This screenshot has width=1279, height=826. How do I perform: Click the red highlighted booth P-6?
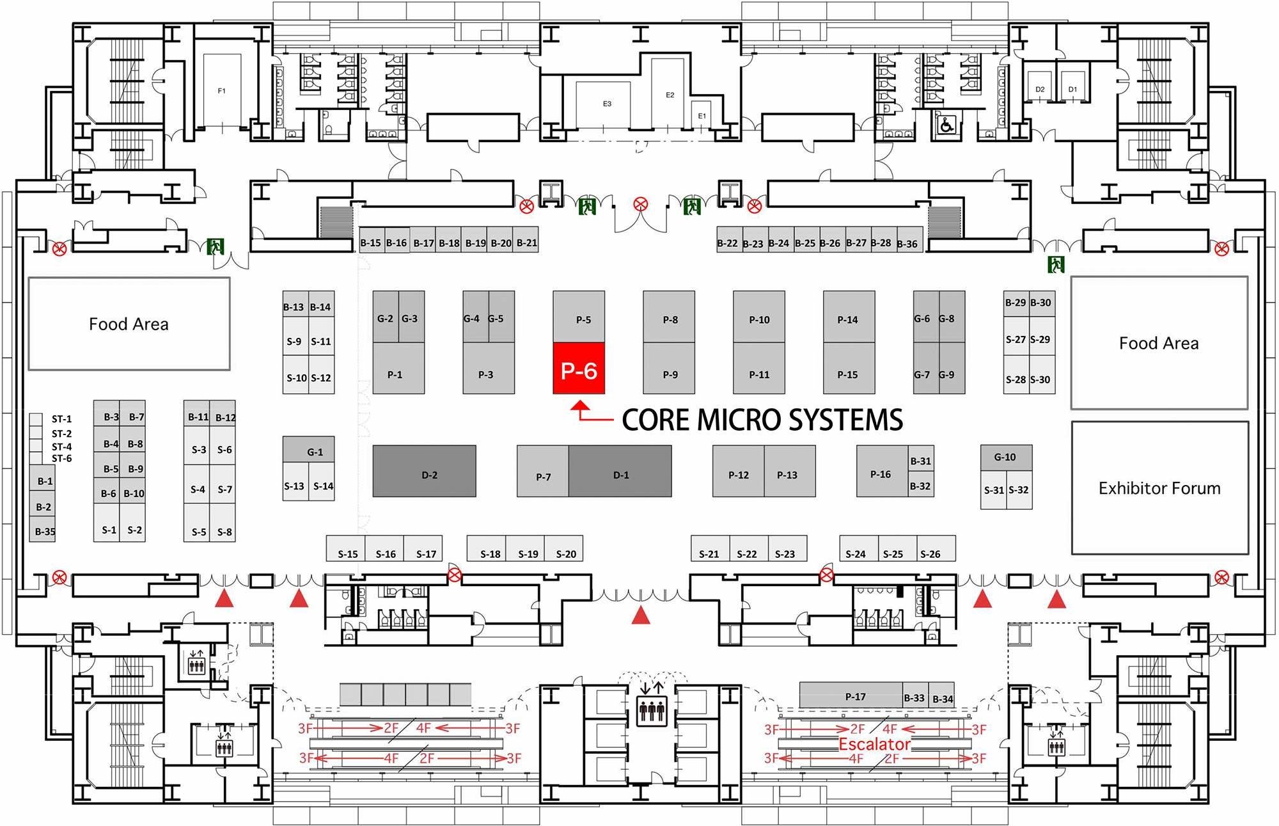point(579,369)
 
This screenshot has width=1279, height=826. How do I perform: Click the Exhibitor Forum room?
point(1159,488)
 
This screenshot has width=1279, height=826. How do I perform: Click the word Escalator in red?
point(874,744)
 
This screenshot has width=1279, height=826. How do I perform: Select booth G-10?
point(1005,457)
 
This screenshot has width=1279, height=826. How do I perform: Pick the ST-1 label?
point(61,419)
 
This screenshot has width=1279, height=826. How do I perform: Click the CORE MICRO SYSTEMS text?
point(762,420)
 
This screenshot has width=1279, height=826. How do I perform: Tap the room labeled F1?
point(222,91)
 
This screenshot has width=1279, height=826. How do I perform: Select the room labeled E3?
point(607,103)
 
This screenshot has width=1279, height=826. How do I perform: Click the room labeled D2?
point(1040,89)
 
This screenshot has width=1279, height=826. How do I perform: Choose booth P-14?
point(848,318)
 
